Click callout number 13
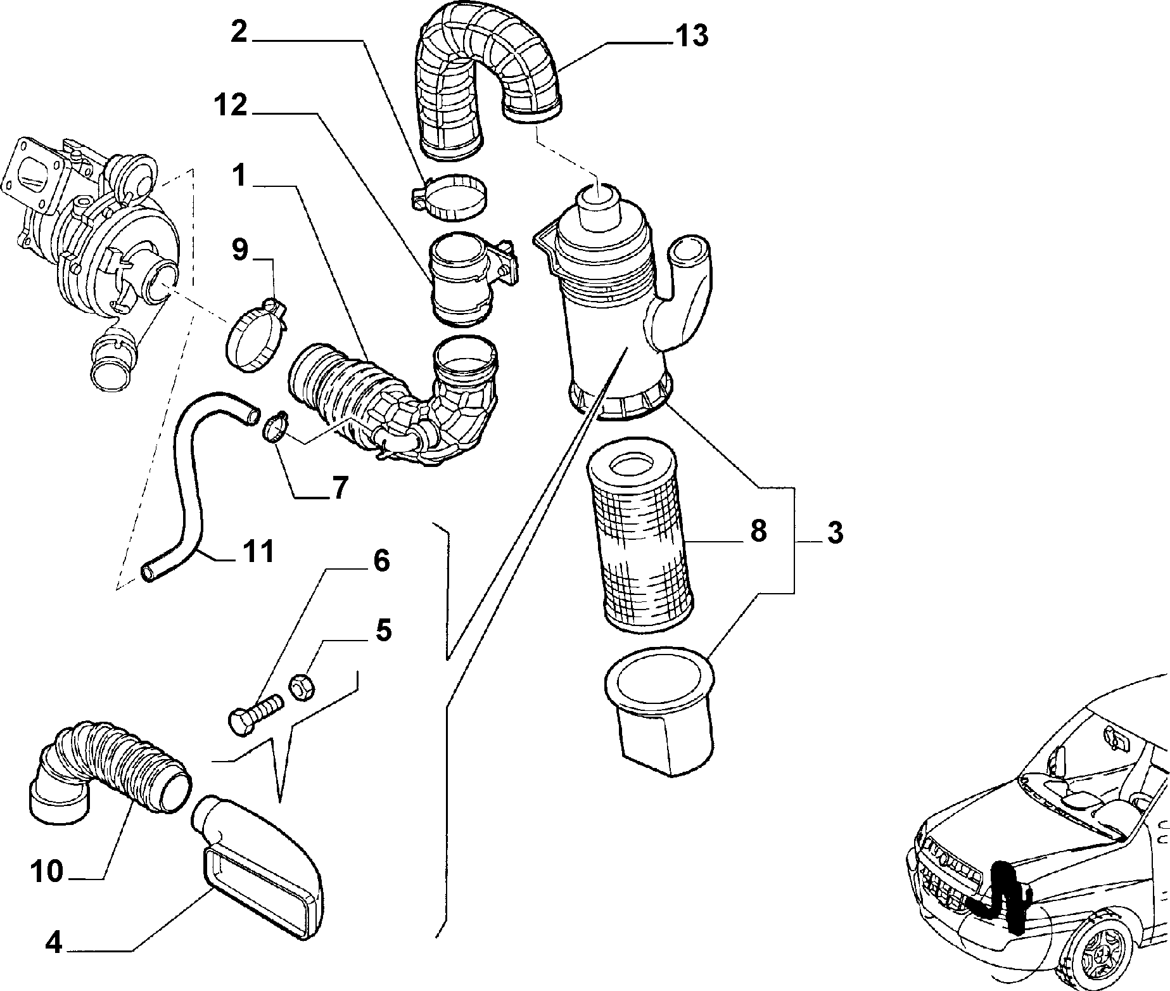point(691,36)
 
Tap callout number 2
point(238,31)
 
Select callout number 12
point(230,106)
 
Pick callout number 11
point(258,551)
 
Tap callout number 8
point(758,531)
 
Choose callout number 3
point(835,533)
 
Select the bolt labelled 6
point(253,715)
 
